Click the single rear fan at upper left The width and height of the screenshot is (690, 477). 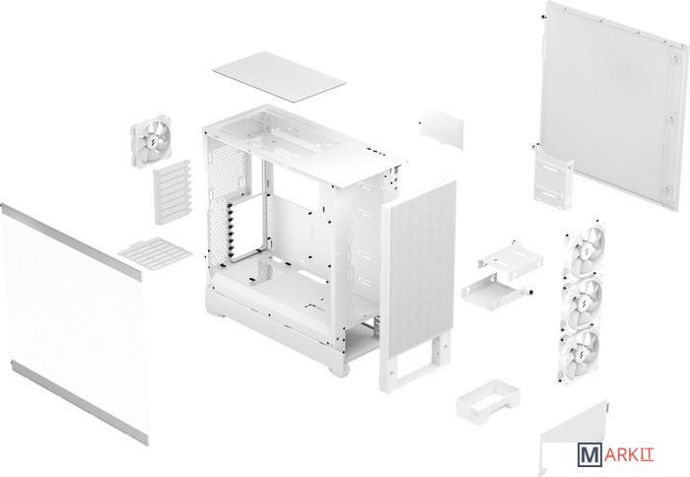coord(151,140)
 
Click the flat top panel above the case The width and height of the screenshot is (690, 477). coord(279,77)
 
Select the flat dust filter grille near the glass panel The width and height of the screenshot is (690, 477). coord(155,253)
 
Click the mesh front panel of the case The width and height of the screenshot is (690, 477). coord(418,271)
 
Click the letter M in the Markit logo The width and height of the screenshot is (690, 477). coord(589,455)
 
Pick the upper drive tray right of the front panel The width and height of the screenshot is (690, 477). coord(511,260)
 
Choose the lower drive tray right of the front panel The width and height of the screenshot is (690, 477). coord(495,291)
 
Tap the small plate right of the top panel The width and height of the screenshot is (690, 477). coord(442,128)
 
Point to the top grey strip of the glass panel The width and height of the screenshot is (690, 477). coord(70,241)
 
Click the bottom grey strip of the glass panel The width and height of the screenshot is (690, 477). coord(79,403)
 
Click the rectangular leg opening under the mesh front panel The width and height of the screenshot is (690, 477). coord(417,365)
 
